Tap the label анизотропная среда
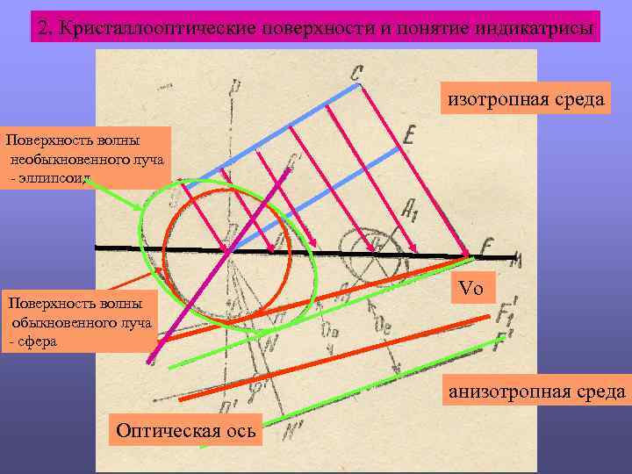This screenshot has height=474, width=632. coord(538,391)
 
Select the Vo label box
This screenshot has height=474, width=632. coord(471,289)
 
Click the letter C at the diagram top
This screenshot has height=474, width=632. coord(355,73)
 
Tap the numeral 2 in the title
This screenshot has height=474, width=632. coord(45,27)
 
